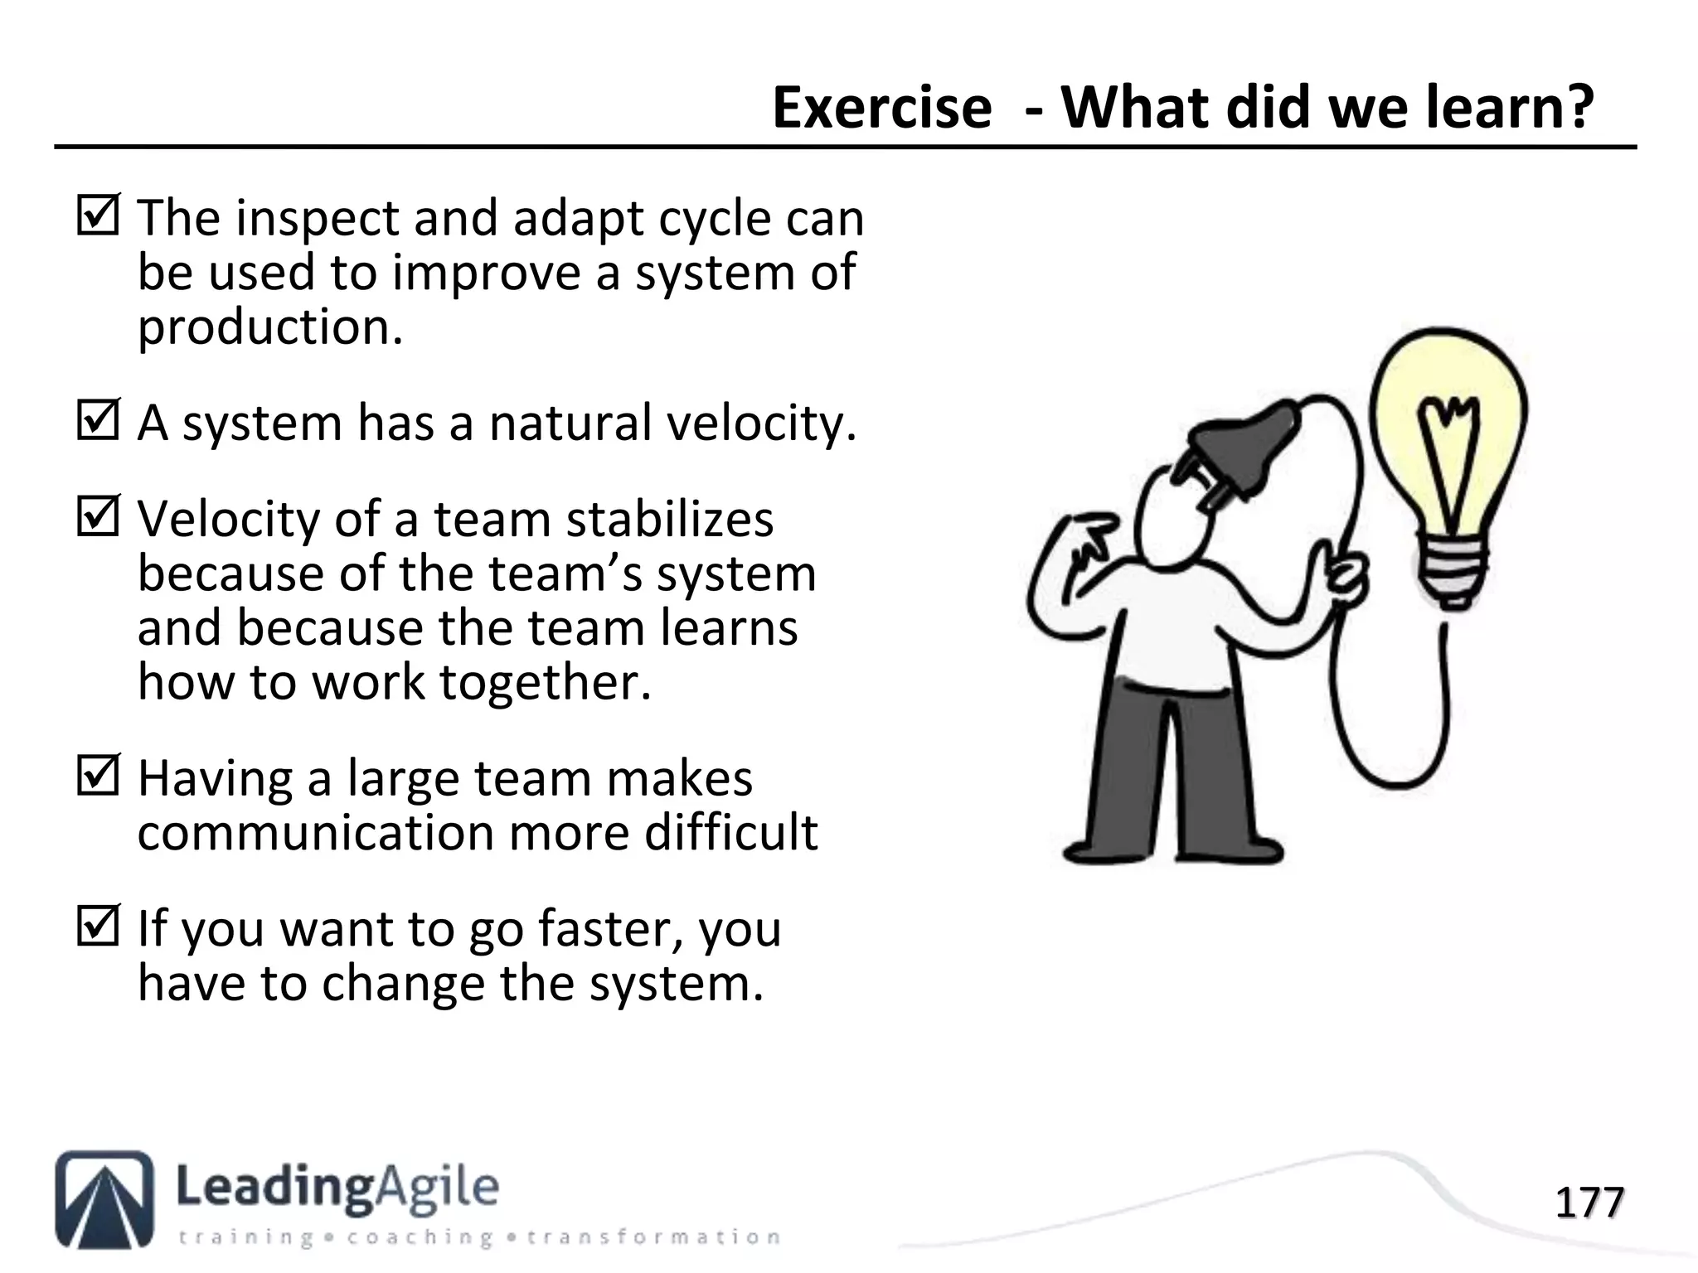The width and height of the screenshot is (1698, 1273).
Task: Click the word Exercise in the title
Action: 881,108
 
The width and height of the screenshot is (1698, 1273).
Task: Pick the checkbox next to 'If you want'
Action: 98,926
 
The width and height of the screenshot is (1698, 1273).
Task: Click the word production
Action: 269,328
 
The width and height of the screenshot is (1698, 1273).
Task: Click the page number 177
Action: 1589,1203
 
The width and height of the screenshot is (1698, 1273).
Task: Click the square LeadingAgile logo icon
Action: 104,1198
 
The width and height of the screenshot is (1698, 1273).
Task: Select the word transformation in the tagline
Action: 653,1237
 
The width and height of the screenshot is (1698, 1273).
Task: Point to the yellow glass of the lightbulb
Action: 1447,431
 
